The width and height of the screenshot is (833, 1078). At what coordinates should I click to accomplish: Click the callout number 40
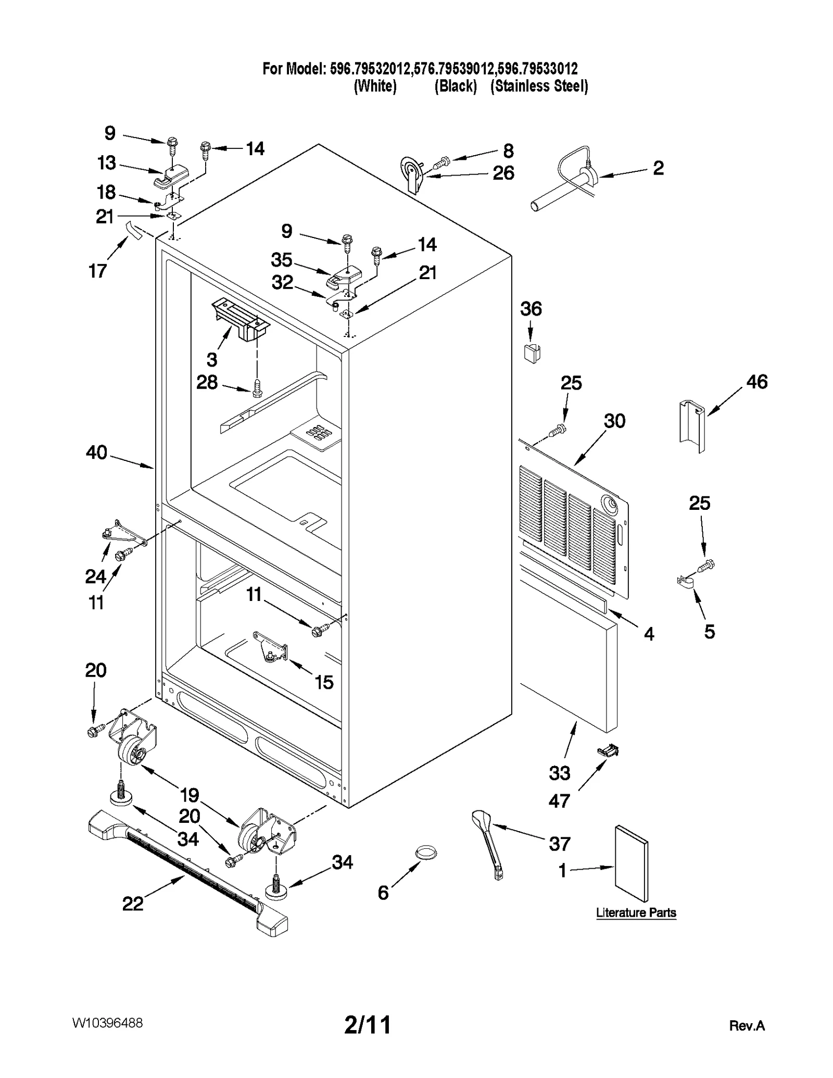coord(96,452)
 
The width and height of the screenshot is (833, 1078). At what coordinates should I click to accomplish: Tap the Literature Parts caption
coord(636,912)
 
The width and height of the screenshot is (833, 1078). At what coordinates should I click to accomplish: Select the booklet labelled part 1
coord(632,863)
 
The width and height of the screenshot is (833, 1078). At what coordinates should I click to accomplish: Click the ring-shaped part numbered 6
coord(426,853)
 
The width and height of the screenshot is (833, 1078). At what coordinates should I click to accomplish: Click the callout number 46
coord(756,382)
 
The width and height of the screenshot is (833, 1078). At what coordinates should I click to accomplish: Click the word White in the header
coord(375,86)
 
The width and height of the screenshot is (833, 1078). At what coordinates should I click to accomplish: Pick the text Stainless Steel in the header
coord(539,86)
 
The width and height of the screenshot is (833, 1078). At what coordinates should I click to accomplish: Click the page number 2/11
coord(368,1025)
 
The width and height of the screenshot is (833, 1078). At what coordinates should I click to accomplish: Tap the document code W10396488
coord(107,1023)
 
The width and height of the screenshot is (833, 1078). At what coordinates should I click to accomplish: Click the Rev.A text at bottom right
coord(747,1026)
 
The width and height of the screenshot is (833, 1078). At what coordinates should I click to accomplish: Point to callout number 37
coord(560,844)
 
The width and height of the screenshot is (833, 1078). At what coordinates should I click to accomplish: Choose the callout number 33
coord(559,773)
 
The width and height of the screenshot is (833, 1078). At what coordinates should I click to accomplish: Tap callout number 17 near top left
coord(97,271)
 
